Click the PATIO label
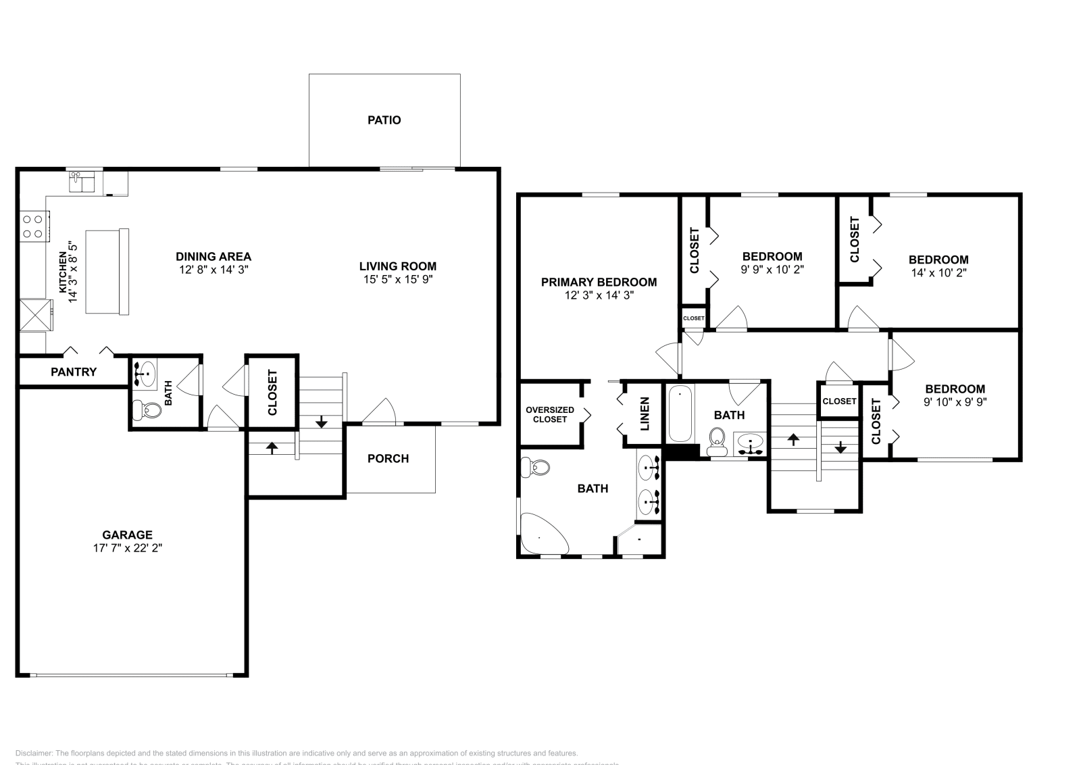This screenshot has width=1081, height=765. [384, 120]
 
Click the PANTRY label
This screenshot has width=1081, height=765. [74, 372]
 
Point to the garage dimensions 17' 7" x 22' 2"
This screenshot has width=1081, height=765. [128, 548]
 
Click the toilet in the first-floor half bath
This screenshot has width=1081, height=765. [148, 409]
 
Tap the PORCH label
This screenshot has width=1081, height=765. [388, 458]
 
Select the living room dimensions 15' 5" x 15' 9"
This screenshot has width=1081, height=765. [397, 278]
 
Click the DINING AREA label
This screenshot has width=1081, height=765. [213, 256]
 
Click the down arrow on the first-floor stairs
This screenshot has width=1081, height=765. [322, 422]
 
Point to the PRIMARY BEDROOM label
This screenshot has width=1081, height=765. [599, 282]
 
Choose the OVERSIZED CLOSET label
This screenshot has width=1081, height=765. [550, 414]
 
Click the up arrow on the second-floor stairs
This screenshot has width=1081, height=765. [793, 439]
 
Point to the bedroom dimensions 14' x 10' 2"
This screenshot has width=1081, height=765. [938, 272]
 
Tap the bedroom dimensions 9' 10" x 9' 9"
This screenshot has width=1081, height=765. [955, 401]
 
